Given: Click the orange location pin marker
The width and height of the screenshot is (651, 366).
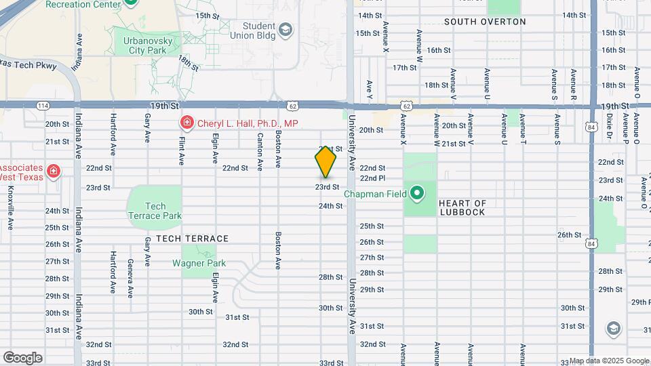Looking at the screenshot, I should [325, 163].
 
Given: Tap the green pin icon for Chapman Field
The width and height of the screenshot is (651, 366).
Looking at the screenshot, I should [418, 195].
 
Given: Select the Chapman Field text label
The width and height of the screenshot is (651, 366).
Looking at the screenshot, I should [374, 195].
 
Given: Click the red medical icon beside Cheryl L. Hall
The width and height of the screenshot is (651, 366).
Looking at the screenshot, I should [185, 123].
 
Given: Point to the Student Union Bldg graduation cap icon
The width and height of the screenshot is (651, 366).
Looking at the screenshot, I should [286, 29].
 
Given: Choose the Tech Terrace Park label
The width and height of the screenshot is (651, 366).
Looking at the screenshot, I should [155, 211].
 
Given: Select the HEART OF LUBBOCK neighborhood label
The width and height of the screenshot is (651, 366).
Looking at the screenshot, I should [462, 207].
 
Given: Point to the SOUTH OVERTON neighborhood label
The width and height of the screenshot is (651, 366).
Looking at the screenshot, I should [485, 22].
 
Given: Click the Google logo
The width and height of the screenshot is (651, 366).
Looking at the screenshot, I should [22, 357].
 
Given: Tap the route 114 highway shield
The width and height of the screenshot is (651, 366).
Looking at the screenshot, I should [43, 106].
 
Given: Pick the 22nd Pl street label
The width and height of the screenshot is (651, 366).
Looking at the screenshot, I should [372, 178].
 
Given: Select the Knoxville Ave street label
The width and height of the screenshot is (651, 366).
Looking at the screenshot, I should [10, 211].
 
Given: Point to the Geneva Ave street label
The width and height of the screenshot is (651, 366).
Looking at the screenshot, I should [130, 278].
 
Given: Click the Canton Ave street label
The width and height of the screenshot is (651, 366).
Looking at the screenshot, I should [260, 150].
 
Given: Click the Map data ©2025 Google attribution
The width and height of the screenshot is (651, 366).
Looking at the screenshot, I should [609, 361].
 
